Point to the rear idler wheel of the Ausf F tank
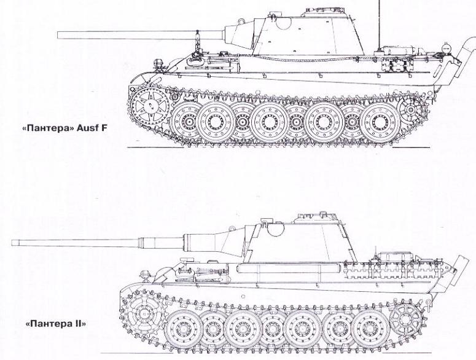(408, 109)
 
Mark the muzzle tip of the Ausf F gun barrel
(59, 35)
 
